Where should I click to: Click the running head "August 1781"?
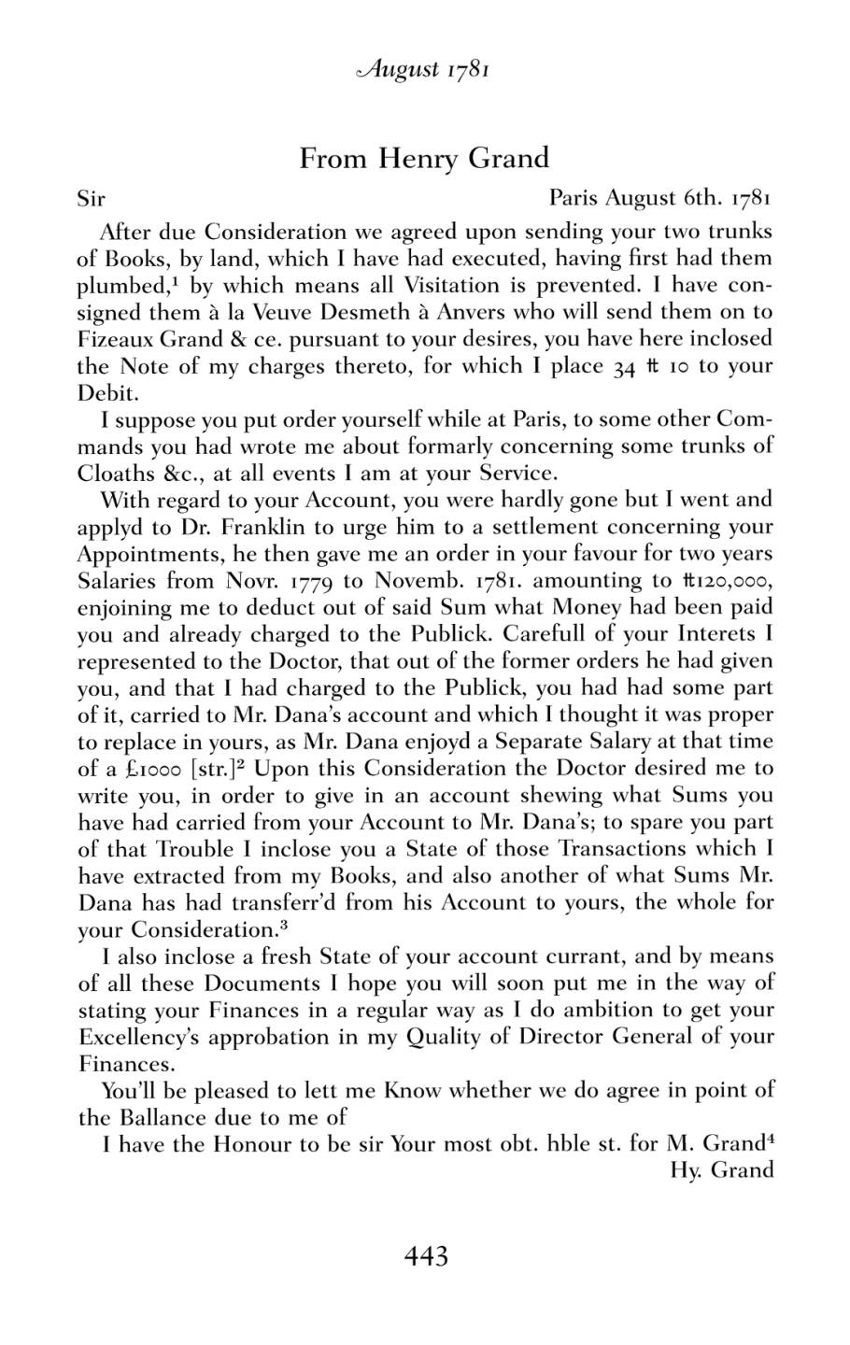coord(425,69)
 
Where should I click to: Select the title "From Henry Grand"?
coord(424,159)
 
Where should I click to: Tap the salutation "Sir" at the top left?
coord(91,199)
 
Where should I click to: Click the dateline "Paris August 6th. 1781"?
coord(660,198)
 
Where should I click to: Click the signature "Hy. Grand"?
coord(722,1169)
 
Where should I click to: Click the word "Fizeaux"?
coord(112,338)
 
